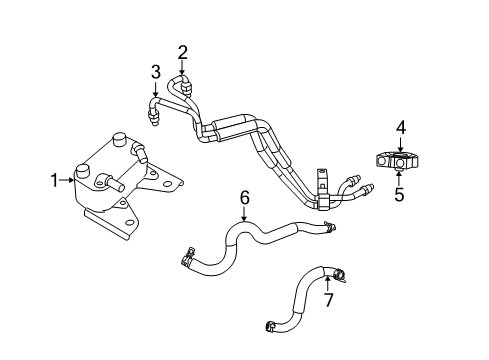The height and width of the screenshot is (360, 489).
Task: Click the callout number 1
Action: [x=55, y=180]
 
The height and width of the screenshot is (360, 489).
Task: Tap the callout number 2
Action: [x=183, y=52]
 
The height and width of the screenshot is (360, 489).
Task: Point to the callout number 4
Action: [x=399, y=127]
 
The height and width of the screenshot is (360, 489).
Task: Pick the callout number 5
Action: [x=399, y=194]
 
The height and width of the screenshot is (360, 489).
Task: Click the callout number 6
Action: [x=243, y=197]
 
